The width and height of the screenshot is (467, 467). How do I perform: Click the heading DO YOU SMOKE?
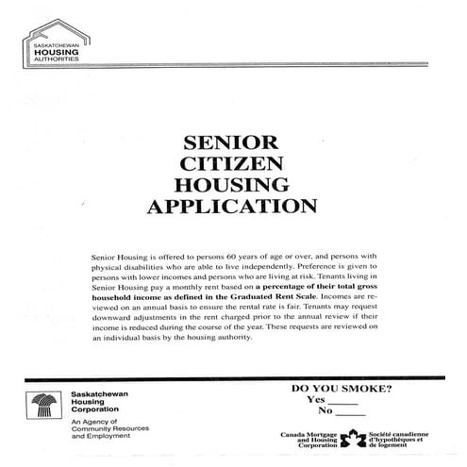(x=342, y=388)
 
